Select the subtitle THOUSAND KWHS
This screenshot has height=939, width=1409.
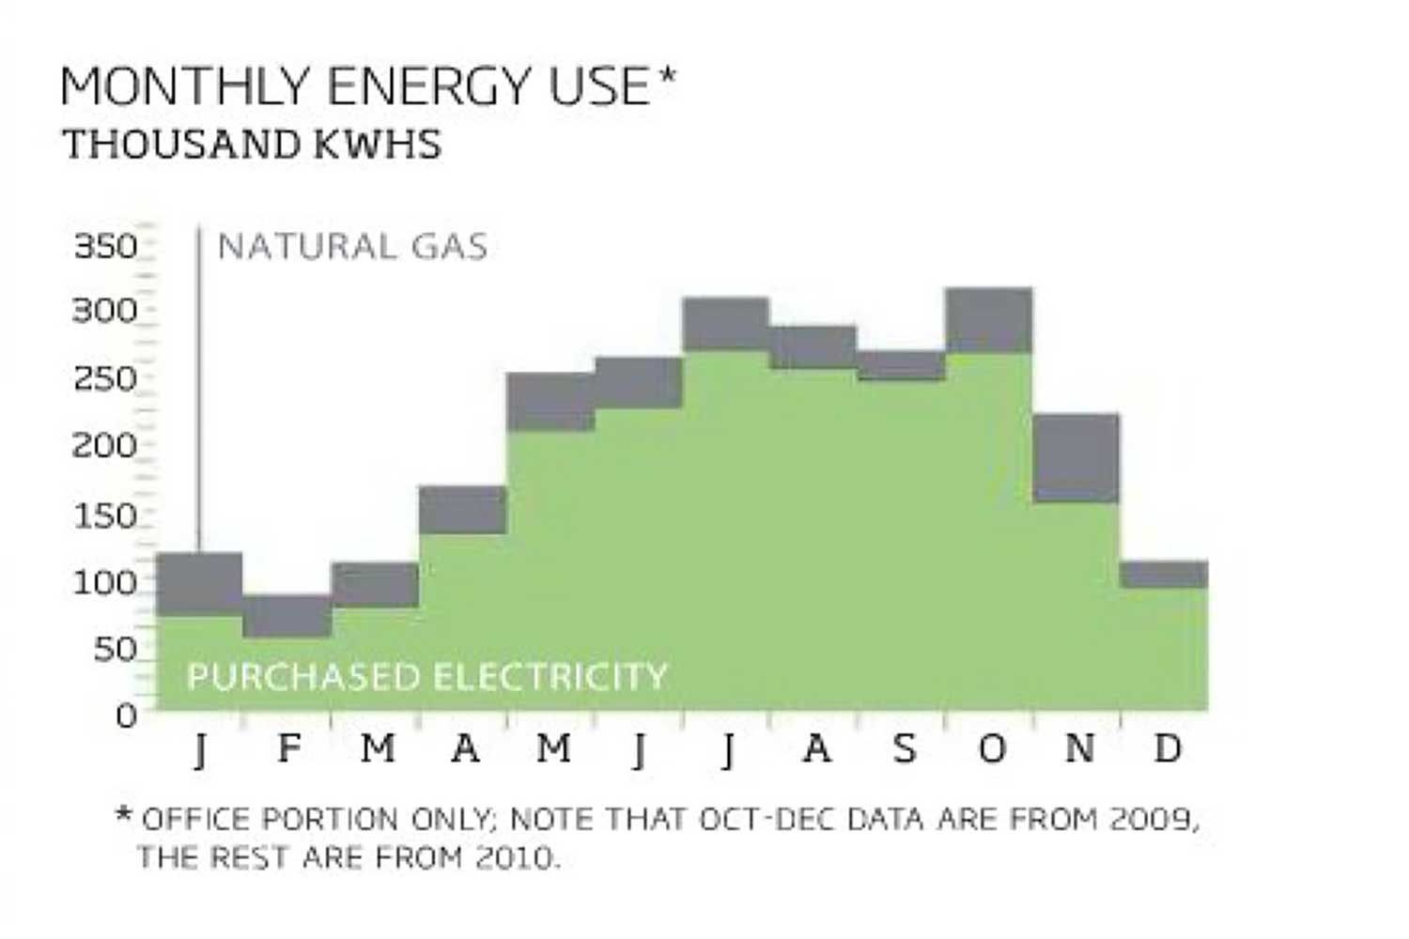(x=253, y=145)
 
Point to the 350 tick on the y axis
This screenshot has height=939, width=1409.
(x=105, y=246)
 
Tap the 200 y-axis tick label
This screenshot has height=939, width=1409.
(x=104, y=447)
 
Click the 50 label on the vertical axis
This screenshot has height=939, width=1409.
(x=116, y=649)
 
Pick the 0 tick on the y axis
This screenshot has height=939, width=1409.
(x=126, y=716)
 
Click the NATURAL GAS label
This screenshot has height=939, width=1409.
(x=352, y=247)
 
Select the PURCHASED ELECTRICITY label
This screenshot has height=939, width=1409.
(x=426, y=677)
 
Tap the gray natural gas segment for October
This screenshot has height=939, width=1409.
(x=989, y=320)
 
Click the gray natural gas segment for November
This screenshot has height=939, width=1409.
(x=1076, y=458)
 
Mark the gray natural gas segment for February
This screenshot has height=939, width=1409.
(x=286, y=616)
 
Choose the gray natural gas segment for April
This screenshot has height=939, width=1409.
(x=463, y=510)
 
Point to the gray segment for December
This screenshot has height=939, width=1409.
(x=1164, y=574)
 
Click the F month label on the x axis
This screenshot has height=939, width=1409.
(x=289, y=747)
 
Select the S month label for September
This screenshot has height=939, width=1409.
(x=905, y=748)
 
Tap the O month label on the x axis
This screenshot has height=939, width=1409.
(x=993, y=748)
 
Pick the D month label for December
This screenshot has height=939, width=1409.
(x=1169, y=747)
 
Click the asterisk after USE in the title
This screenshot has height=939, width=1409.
(x=667, y=77)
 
